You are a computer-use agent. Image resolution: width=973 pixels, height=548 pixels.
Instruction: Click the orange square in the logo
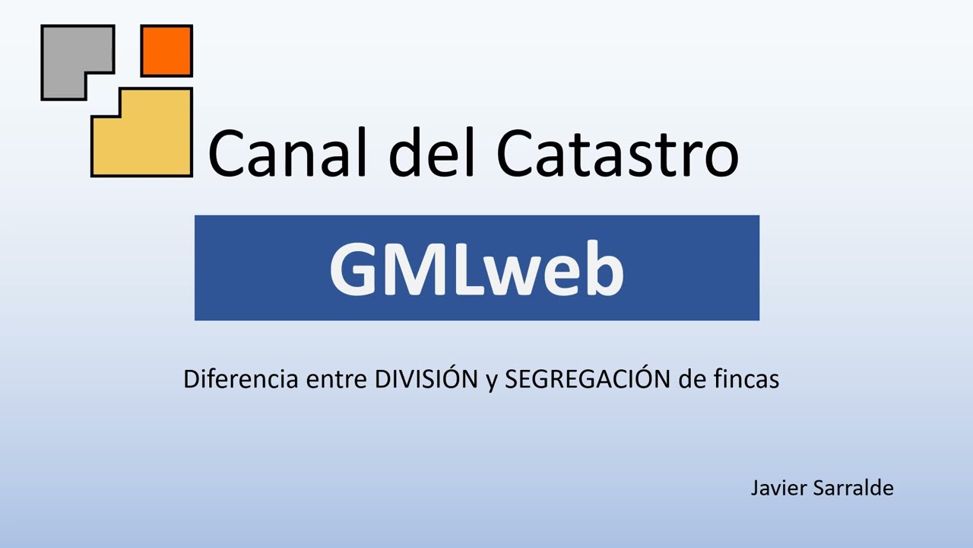click(x=166, y=51)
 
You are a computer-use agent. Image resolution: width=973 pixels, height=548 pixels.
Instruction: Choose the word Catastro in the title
click(x=617, y=152)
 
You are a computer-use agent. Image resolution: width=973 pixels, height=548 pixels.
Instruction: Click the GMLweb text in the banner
click(x=477, y=269)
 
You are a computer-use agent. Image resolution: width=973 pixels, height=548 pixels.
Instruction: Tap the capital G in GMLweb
click(x=355, y=269)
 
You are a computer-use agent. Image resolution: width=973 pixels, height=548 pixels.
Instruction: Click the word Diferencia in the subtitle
click(x=240, y=379)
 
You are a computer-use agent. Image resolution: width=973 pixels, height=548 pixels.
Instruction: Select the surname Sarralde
click(x=853, y=488)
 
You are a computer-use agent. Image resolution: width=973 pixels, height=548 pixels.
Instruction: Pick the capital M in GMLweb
click(x=420, y=269)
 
